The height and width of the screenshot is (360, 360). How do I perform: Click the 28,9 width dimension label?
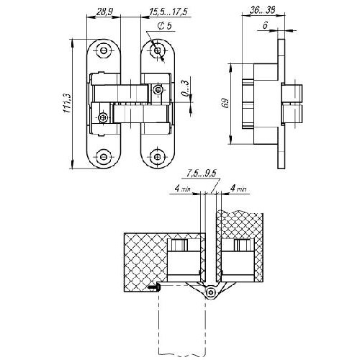click(x=104, y=12)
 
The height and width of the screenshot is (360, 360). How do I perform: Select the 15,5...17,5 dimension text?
click(x=168, y=12)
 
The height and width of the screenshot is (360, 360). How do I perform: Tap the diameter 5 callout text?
click(x=165, y=26)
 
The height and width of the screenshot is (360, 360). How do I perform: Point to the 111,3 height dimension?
click(x=67, y=103)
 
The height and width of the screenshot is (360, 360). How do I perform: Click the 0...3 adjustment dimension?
click(x=185, y=88)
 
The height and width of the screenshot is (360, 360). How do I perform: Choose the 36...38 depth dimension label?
click(x=262, y=10)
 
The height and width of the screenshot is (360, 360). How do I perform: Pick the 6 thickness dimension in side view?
click(x=265, y=25)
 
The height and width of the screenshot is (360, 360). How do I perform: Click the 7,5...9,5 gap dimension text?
click(x=202, y=174)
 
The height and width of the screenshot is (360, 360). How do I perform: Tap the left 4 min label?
click(x=183, y=189)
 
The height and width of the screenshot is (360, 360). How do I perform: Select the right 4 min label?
click(x=238, y=189)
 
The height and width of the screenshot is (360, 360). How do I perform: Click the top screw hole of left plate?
click(x=104, y=50)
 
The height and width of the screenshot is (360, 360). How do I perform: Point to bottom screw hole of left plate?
click(x=104, y=157)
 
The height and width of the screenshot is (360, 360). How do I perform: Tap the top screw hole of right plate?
click(x=158, y=50)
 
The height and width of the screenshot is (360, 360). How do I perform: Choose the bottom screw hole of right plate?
click(x=157, y=157)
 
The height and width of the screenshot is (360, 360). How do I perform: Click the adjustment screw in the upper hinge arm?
click(x=158, y=90)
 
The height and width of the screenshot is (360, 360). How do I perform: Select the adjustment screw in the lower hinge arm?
click(x=103, y=117)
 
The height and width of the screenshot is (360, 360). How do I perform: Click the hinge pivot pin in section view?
click(x=210, y=292)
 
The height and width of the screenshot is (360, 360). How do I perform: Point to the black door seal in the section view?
click(x=155, y=287)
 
